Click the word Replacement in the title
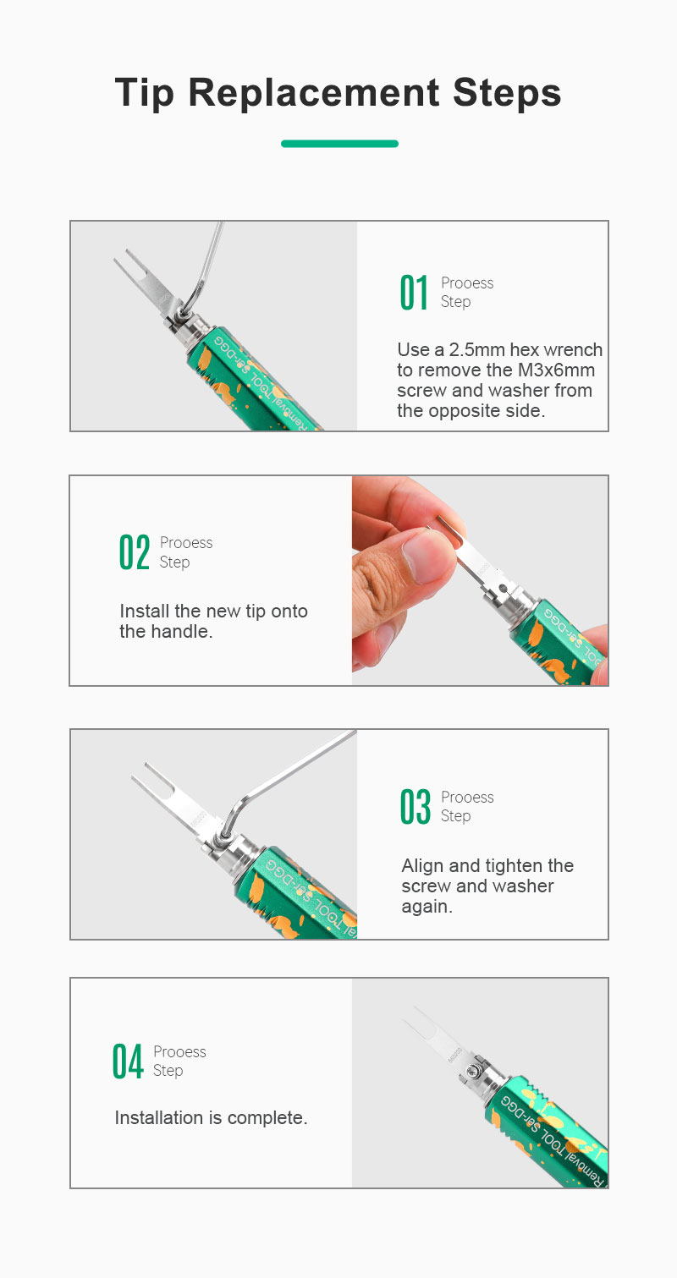click(314, 92)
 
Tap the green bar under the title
click(339, 144)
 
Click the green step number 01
click(414, 293)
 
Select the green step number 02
click(135, 552)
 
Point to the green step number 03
click(415, 807)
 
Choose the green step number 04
click(127, 1061)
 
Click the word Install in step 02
click(145, 611)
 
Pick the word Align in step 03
click(422, 866)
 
